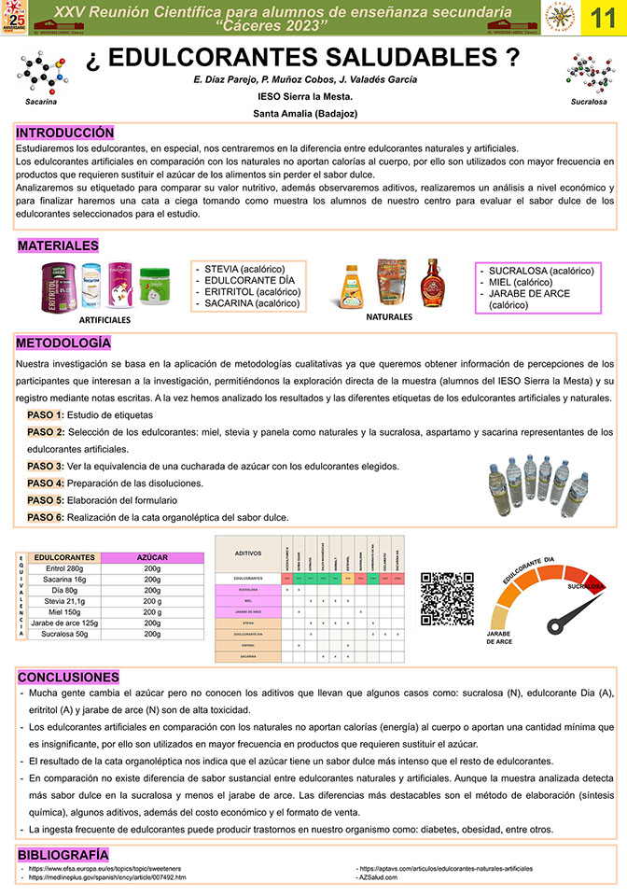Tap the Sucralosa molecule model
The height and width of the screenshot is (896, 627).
589,73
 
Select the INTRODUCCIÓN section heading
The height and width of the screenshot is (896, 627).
64,133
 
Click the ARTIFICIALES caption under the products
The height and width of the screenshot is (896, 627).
105,319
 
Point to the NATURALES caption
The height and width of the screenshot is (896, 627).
389,316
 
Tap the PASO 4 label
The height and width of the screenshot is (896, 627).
46,483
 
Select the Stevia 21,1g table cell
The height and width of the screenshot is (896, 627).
64,602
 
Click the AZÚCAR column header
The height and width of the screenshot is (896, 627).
152,557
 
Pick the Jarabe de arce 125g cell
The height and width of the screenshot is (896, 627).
64,623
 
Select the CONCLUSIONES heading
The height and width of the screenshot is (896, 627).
68,676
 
